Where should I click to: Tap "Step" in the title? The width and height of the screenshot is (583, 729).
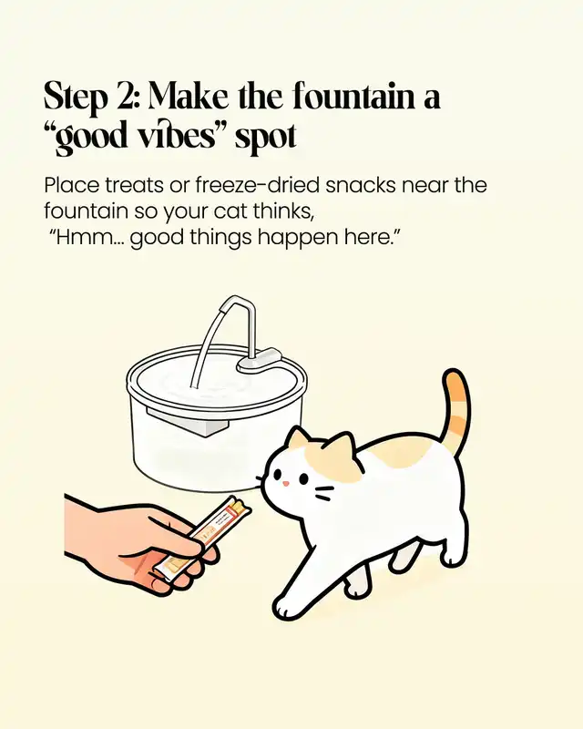coord(76,98)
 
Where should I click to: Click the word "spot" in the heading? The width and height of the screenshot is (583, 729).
coord(265,139)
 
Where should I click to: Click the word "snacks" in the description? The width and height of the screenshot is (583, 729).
coord(361,186)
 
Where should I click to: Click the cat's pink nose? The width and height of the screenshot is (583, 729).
coord(286,484)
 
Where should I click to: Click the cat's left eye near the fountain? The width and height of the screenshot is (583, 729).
coord(277,474)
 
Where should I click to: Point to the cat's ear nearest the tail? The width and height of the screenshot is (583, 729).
coord(342,445)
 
